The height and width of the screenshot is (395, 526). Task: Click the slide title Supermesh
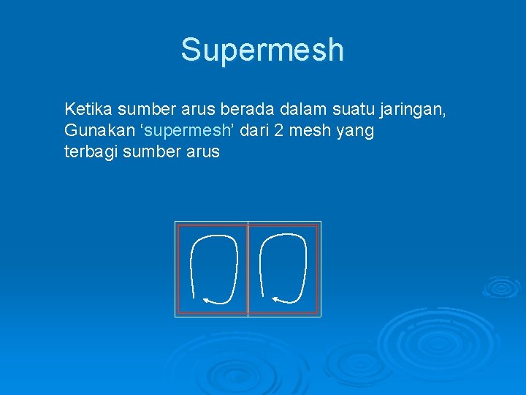(x=262, y=50)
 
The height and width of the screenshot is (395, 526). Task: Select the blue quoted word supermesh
(x=186, y=132)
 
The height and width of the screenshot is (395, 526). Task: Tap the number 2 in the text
(x=283, y=132)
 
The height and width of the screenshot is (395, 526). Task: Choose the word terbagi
(x=91, y=154)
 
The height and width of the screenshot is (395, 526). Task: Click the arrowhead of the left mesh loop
(x=207, y=299)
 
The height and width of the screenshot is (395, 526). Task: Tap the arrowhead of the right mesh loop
(x=275, y=298)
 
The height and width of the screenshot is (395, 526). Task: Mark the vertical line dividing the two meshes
(x=248, y=269)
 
